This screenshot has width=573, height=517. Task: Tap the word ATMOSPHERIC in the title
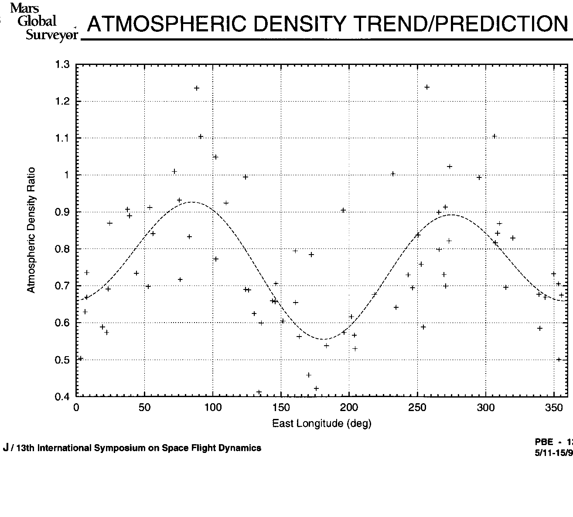[x=167, y=24]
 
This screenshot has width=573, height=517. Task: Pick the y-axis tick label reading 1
[x=67, y=175]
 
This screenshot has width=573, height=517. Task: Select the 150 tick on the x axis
[x=281, y=407]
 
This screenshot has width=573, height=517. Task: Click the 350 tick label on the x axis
[x=554, y=407]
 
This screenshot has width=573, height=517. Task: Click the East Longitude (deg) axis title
[x=321, y=423]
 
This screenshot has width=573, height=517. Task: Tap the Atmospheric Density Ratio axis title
[x=31, y=230]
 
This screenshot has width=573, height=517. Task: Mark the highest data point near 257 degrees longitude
[x=427, y=87]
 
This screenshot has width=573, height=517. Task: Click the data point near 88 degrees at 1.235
[x=197, y=88]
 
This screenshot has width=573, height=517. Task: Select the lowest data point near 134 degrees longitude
[x=259, y=392]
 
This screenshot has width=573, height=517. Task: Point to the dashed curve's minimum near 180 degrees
[x=323, y=339]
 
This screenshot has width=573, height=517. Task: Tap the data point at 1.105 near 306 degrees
[x=495, y=136]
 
